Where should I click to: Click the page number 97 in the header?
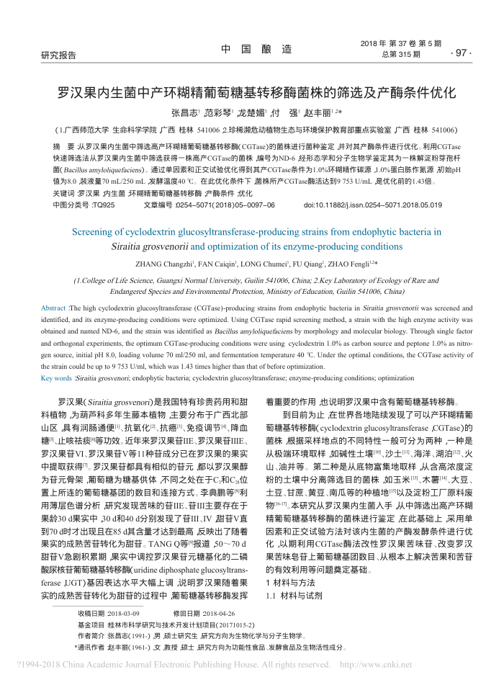coord(459,54)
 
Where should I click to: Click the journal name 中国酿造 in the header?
coord(256,49)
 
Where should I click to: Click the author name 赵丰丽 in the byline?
coord(320,114)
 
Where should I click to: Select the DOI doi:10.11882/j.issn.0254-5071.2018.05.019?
coord(373,205)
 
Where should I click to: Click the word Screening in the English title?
coord(98,233)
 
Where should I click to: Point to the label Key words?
coord(57,377)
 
